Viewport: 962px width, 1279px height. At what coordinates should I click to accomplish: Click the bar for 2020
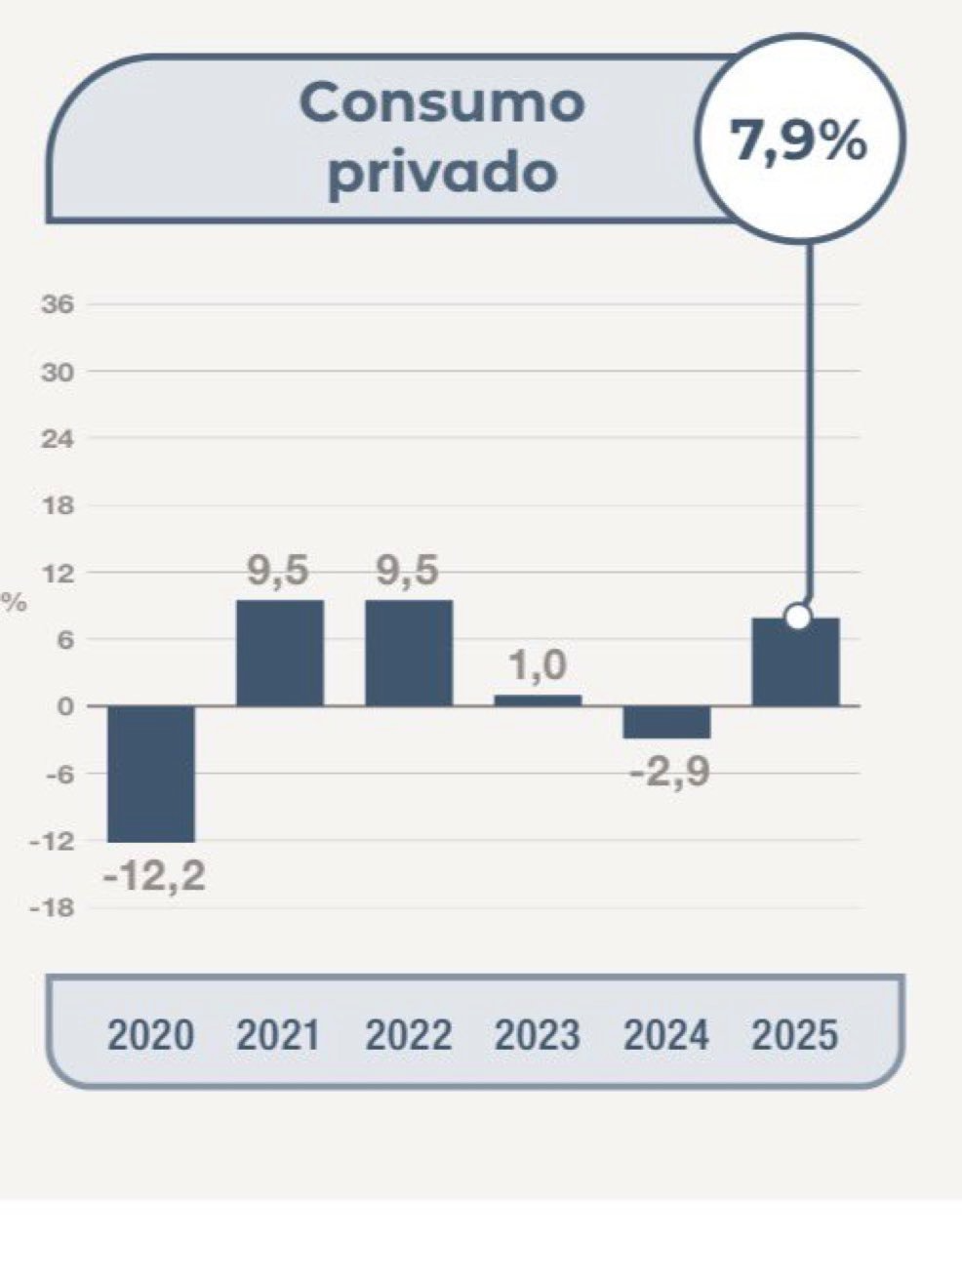tap(151, 773)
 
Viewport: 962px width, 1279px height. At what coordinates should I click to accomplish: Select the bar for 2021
tap(280, 653)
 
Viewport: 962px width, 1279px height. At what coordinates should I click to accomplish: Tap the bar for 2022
tap(409, 653)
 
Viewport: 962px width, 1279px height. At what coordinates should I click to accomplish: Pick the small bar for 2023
tap(538, 699)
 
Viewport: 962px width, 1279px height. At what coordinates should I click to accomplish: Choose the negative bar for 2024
tap(667, 722)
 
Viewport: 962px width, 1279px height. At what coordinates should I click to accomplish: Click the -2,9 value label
tap(669, 774)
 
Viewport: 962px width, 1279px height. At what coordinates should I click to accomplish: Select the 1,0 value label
tap(538, 666)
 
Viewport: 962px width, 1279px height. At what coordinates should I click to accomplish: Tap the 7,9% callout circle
tap(799, 140)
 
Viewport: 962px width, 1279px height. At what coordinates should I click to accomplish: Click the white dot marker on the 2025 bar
tap(798, 617)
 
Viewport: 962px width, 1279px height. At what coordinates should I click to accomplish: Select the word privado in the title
tap(442, 174)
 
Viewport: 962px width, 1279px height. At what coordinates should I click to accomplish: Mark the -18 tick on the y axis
tap(53, 908)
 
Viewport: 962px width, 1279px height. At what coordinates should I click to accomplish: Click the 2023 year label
tap(538, 1035)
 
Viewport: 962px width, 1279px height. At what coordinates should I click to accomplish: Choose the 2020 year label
tap(151, 1035)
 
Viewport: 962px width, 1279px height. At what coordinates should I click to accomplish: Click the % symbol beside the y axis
tap(15, 603)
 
